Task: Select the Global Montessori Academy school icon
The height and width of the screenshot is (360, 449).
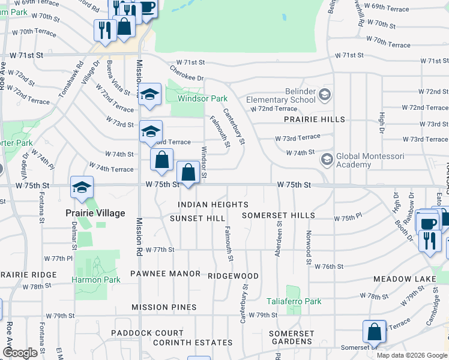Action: point(327,160)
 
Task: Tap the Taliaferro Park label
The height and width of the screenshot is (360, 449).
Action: point(294,302)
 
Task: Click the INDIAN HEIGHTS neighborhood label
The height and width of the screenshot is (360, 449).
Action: point(213,205)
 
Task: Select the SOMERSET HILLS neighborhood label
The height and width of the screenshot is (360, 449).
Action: point(278,215)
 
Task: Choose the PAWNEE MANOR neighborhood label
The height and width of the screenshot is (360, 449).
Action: point(165,274)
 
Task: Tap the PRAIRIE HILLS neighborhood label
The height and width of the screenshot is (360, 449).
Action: point(315,119)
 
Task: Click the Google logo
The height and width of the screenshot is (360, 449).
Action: point(20,353)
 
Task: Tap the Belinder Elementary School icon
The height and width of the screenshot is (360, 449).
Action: point(325,94)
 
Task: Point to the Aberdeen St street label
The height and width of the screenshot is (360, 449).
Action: point(279,239)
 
